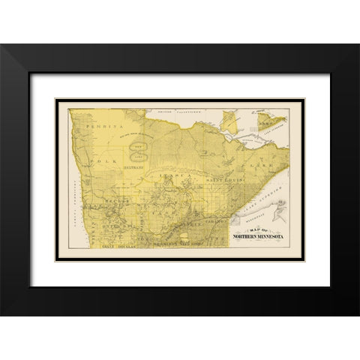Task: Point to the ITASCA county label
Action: click(175, 178)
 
